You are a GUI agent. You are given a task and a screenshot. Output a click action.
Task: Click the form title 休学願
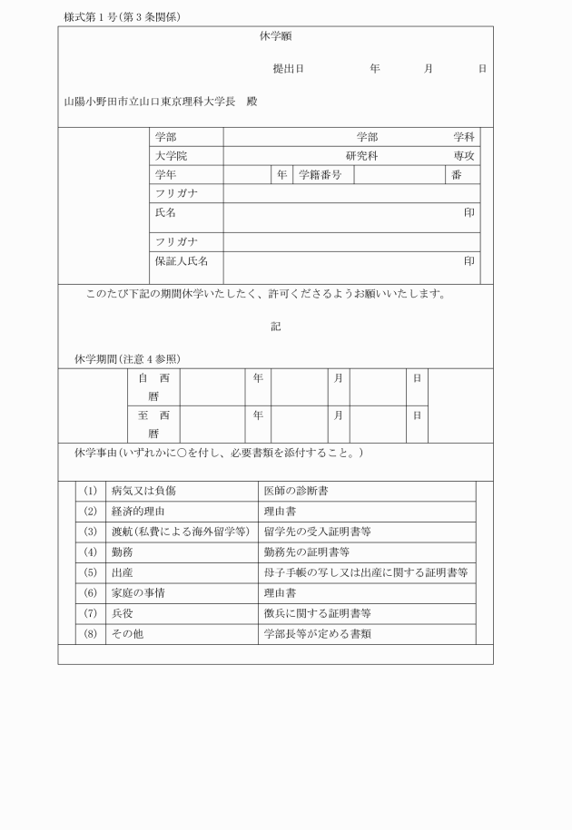[x=275, y=37]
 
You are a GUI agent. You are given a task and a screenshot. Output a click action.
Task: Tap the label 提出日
[x=288, y=69]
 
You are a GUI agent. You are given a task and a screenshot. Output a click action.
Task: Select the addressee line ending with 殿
[x=161, y=102]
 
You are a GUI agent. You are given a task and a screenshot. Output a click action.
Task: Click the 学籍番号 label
[x=320, y=175]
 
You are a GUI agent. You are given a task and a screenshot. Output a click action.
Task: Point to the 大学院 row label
[x=171, y=156]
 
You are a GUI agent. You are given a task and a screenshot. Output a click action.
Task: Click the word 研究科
[x=361, y=156]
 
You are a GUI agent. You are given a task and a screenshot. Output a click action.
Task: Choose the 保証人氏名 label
[x=182, y=261]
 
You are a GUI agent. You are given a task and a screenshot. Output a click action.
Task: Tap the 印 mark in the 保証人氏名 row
[x=469, y=261]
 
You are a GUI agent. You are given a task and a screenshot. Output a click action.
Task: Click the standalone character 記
[x=275, y=327]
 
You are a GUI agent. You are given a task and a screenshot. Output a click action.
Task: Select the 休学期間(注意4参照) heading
[x=127, y=359]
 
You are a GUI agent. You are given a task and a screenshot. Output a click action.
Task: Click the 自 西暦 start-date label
[x=153, y=386]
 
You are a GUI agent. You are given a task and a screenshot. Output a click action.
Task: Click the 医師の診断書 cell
[x=296, y=491]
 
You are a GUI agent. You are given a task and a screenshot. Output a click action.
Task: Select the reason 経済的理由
[x=138, y=511]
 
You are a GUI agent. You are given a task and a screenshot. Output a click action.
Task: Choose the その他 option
[x=127, y=634]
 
